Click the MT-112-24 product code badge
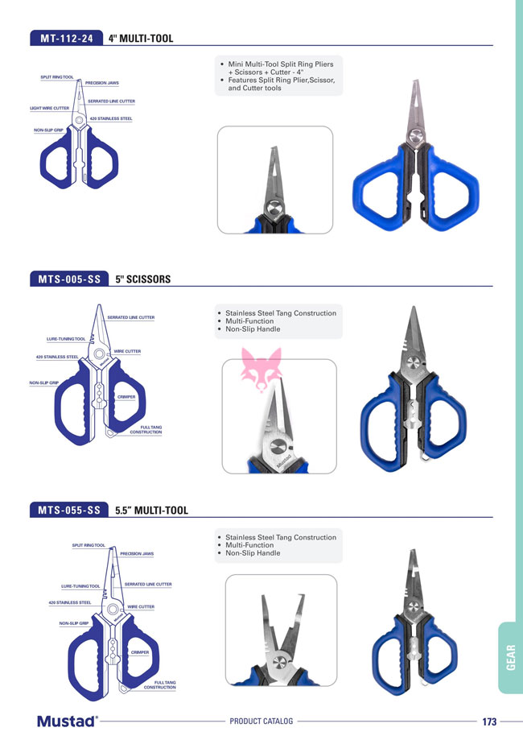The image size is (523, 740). tap(67, 38)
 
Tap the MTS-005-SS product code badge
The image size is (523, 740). tap(69, 279)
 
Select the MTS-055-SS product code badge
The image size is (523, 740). tap(69, 511)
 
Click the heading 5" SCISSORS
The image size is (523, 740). tap(143, 279)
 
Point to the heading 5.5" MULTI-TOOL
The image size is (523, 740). tap(151, 511)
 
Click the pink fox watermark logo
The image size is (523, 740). tap(261, 370)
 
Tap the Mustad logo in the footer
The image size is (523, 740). tap(68, 721)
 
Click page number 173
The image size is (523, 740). tap(489, 721)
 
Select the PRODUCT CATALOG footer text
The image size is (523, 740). tap(261, 721)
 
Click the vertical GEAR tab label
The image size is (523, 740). tap(511, 657)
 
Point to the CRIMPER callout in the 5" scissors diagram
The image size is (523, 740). tap(126, 397)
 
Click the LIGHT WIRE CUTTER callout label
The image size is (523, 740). tap(50, 108)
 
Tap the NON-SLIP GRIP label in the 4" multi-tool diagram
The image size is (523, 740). tap(48, 130)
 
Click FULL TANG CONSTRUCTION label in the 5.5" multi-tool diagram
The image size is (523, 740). tap(160, 684)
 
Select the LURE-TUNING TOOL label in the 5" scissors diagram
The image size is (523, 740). tap(66, 339)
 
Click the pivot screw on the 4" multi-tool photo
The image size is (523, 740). tap(415, 137)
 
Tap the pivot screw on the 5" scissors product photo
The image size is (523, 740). tap(414, 363)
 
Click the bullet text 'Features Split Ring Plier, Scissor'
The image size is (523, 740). tap(282, 81)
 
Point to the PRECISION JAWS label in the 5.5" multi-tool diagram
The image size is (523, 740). tap(137, 553)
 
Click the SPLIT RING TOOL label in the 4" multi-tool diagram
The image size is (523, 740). tap(57, 77)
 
